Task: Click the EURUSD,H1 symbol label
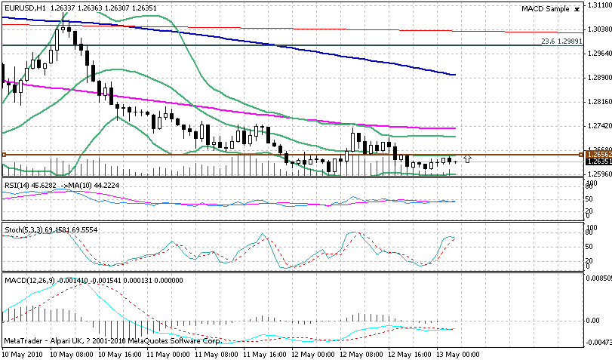21,8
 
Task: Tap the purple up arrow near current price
468,158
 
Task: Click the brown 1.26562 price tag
598,155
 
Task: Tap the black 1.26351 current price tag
598,161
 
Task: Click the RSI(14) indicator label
16,183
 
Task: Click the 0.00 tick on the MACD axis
594,320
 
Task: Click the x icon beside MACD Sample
577,9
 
